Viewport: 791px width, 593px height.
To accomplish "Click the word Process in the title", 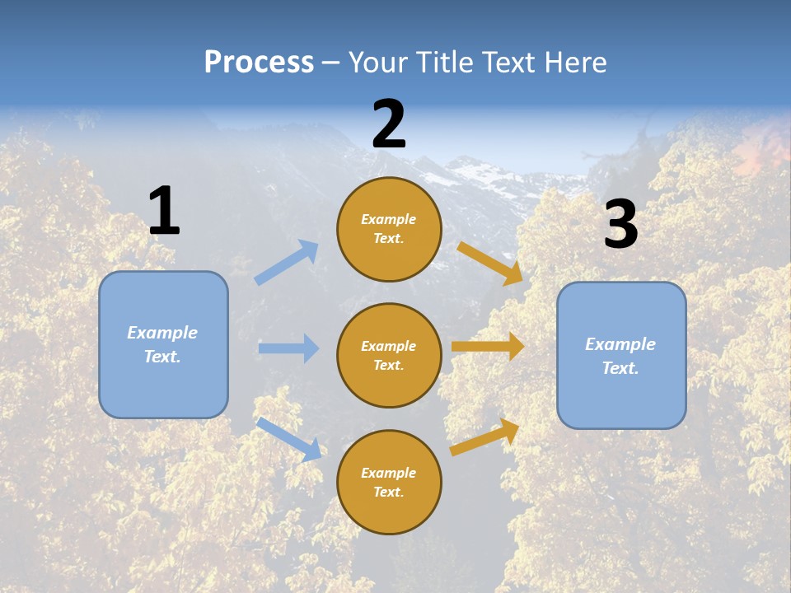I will (x=259, y=62).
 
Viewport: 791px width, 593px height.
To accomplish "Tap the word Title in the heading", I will (x=444, y=62).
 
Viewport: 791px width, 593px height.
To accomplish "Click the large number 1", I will (x=164, y=211).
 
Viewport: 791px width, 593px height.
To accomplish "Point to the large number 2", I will (x=389, y=124).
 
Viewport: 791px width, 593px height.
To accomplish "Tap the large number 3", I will (x=620, y=225).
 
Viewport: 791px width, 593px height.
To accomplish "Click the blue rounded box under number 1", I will (x=163, y=344).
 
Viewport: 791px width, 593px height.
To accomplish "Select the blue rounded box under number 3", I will (x=621, y=355).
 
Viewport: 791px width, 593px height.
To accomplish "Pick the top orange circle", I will (x=389, y=229).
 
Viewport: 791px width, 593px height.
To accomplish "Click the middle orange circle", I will (x=389, y=355).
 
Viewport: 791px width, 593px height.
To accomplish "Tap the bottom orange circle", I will (x=389, y=482).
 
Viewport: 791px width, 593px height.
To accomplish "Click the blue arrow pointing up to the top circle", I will (x=287, y=262).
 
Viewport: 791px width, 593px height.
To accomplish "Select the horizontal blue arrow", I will (x=288, y=348).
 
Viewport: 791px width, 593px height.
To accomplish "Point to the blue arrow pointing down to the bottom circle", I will (x=288, y=438).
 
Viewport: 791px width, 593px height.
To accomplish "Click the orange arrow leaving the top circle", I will (x=490, y=263).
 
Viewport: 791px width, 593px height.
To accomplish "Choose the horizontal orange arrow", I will (x=488, y=347).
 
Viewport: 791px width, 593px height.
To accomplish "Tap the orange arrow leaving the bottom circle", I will (x=484, y=437).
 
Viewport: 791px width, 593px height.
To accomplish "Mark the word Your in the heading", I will (x=377, y=62).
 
